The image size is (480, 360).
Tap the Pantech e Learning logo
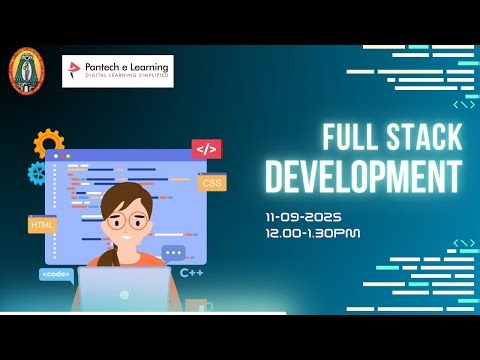point(117,71)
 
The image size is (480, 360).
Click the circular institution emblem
point(27,71)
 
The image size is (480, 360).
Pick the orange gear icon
point(48,143)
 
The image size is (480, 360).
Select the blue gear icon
point(38,173)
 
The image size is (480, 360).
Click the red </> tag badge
point(206,150)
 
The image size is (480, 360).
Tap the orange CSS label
point(212,183)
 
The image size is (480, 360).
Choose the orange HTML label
point(43,225)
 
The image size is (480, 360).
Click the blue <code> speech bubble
point(54,273)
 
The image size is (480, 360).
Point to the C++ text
point(192,272)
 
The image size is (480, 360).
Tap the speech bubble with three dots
point(174,254)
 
